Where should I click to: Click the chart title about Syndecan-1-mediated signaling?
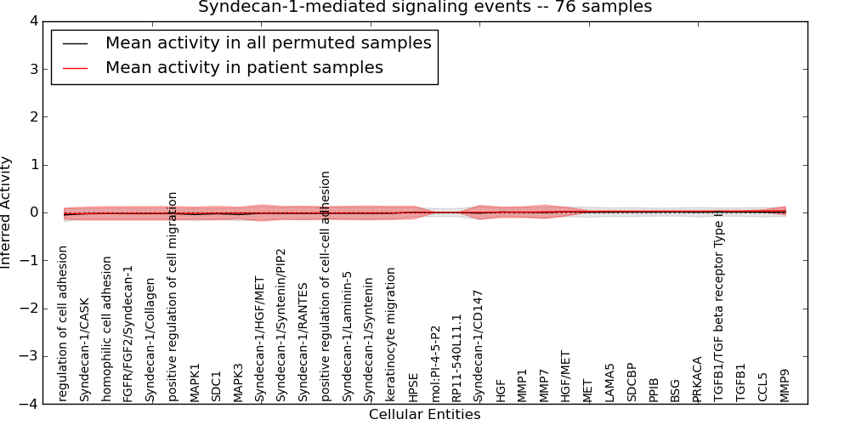pyautogui.click(x=425, y=7)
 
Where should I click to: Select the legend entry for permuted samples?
pyautogui.click(x=268, y=42)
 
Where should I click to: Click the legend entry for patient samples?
pyautogui.click(x=244, y=67)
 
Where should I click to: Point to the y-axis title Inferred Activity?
pyautogui.click(x=7, y=212)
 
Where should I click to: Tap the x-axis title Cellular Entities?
pyautogui.click(x=424, y=415)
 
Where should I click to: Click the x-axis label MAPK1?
pyautogui.click(x=195, y=382)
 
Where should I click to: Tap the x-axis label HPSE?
pyautogui.click(x=413, y=387)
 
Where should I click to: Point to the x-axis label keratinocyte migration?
pyautogui.click(x=391, y=334)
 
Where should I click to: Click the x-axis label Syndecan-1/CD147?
pyautogui.click(x=479, y=345)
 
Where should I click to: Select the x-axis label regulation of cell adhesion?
pyautogui.click(x=64, y=323)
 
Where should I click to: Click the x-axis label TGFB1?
pyautogui.click(x=741, y=382)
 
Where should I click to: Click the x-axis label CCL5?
pyautogui.click(x=763, y=387)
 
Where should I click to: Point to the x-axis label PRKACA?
pyautogui.click(x=698, y=379)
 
